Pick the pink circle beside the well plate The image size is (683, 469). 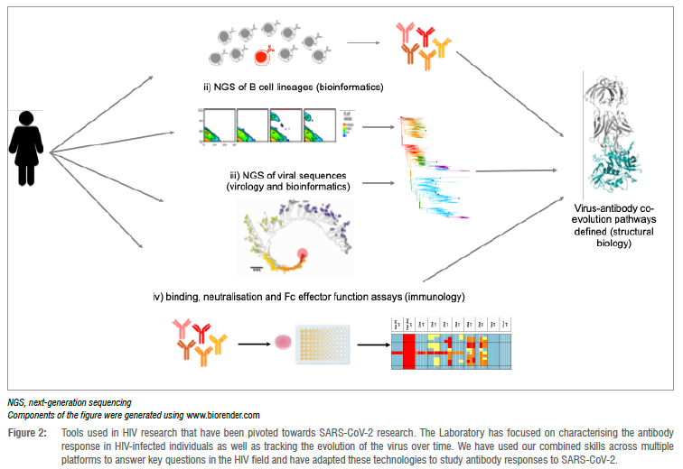pos(282,344)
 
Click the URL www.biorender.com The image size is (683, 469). pos(223,414)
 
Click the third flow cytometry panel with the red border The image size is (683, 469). pos(286,127)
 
